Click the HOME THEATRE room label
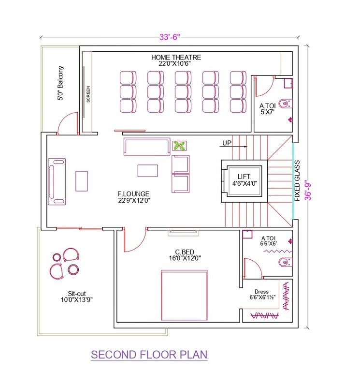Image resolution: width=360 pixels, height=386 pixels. tap(176, 60)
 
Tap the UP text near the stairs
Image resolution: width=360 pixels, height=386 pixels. tap(226, 143)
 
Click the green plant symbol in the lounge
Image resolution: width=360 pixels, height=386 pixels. tap(179, 145)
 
